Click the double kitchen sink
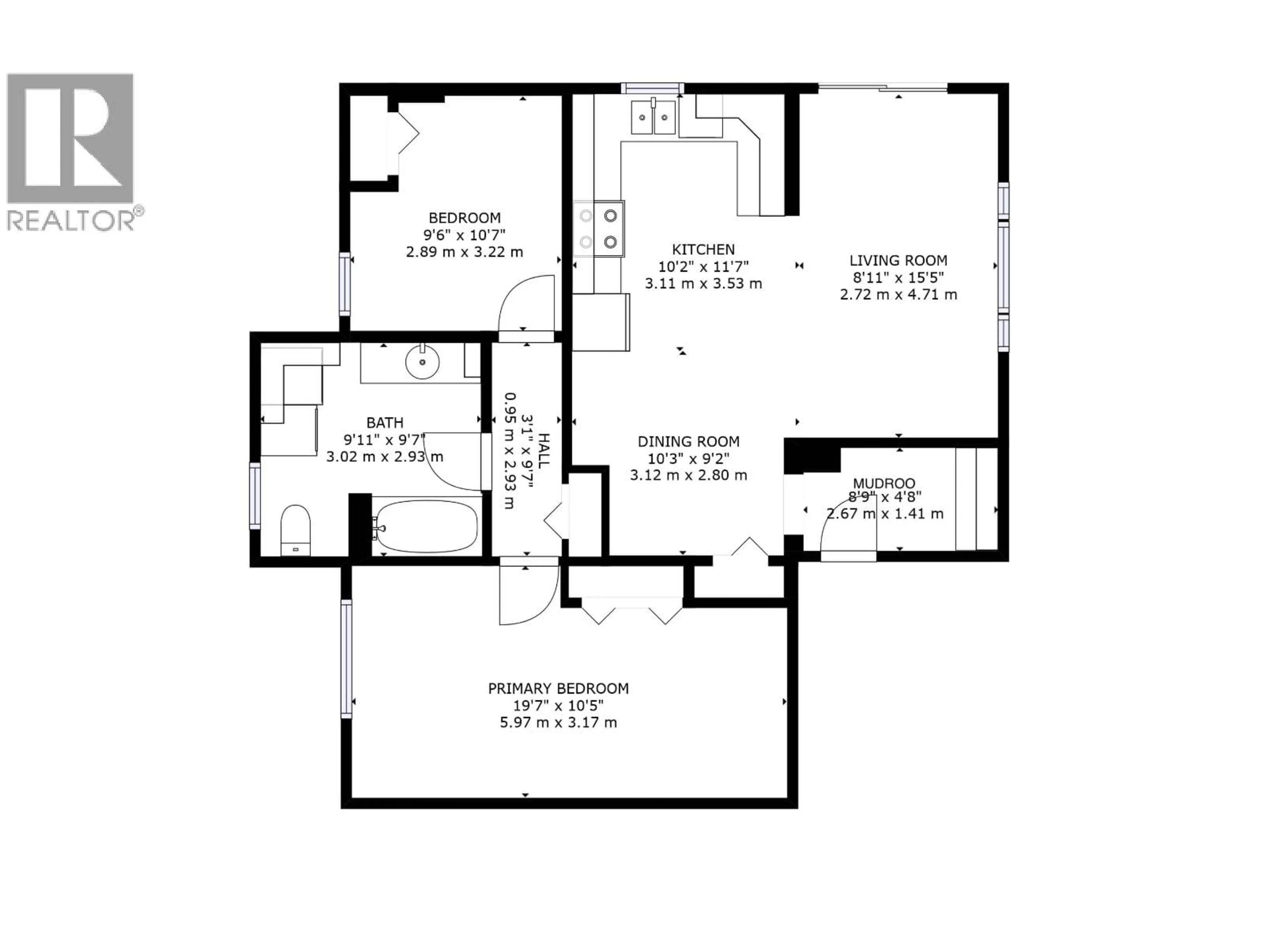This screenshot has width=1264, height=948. click(653, 117)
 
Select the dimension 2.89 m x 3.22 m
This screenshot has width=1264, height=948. click(464, 252)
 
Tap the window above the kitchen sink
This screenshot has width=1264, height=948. click(652, 88)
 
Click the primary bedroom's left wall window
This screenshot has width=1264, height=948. click(346, 658)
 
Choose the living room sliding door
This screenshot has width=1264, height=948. click(883, 88)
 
